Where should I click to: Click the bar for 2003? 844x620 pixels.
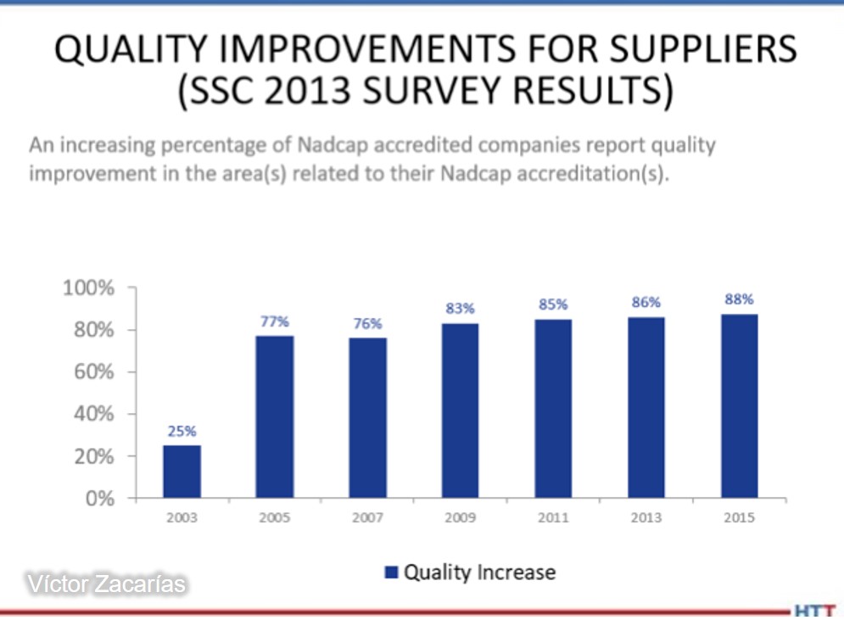pyautogui.click(x=182, y=472)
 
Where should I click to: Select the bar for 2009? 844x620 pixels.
pyautogui.click(x=461, y=411)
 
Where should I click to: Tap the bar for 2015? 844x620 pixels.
pyautogui.click(x=740, y=405)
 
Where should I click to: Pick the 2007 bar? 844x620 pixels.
pyautogui.click(x=367, y=417)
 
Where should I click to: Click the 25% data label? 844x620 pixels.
pyautogui.click(x=182, y=431)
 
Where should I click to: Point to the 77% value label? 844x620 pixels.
pyautogui.click(x=275, y=321)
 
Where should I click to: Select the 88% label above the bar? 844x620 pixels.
pyautogui.click(x=739, y=299)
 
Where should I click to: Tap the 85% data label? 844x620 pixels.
pyautogui.click(x=553, y=304)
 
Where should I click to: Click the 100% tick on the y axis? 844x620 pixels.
pyautogui.click(x=89, y=288)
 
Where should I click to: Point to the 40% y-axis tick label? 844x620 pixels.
pyautogui.click(x=94, y=414)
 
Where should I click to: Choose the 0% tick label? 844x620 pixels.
pyautogui.click(x=100, y=499)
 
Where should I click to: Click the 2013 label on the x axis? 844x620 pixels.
pyautogui.click(x=646, y=517)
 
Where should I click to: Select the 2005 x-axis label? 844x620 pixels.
pyautogui.click(x=275, y=517)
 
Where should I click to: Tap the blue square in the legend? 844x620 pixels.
pyautogui.click(x=391, y=573)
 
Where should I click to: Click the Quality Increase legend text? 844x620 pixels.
pyautogui.click(x=479, y=573)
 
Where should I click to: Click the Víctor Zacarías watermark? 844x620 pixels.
pyautogui.click(x=107, y=584)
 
